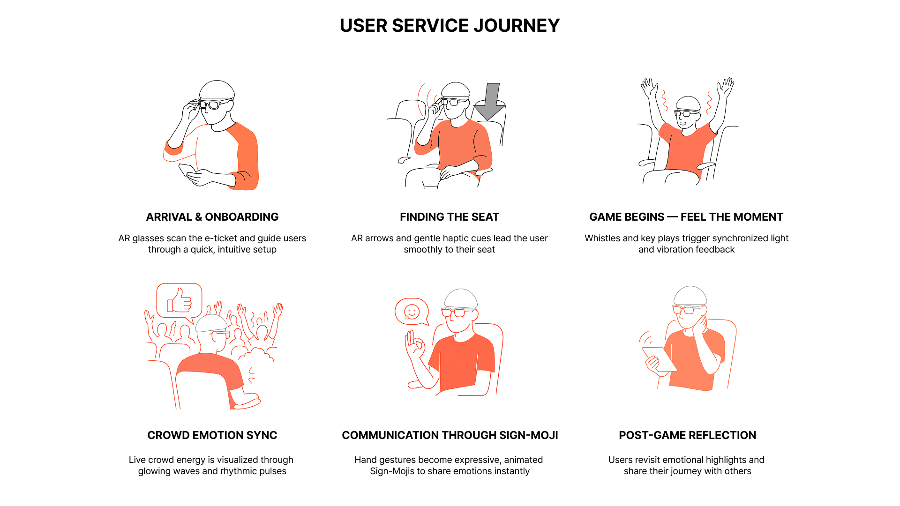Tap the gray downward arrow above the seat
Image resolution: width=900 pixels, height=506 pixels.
[x=490, y=102]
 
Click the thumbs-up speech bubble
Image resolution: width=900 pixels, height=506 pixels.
[x=180, y=302]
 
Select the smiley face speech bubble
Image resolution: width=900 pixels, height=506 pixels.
[x=412, y=312]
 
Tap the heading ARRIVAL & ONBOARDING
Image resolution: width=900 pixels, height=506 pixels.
[x=212, y=217]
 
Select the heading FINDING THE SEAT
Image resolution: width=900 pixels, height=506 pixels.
[x=450, y=217]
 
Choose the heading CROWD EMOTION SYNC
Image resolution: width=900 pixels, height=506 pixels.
[x=212, y=435]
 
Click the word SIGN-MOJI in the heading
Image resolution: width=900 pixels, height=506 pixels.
[x=529, y=435]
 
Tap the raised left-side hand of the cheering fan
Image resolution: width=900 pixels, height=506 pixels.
[x=648, y=87]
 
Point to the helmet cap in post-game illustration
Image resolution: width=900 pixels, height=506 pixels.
[x=690, y=296]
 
